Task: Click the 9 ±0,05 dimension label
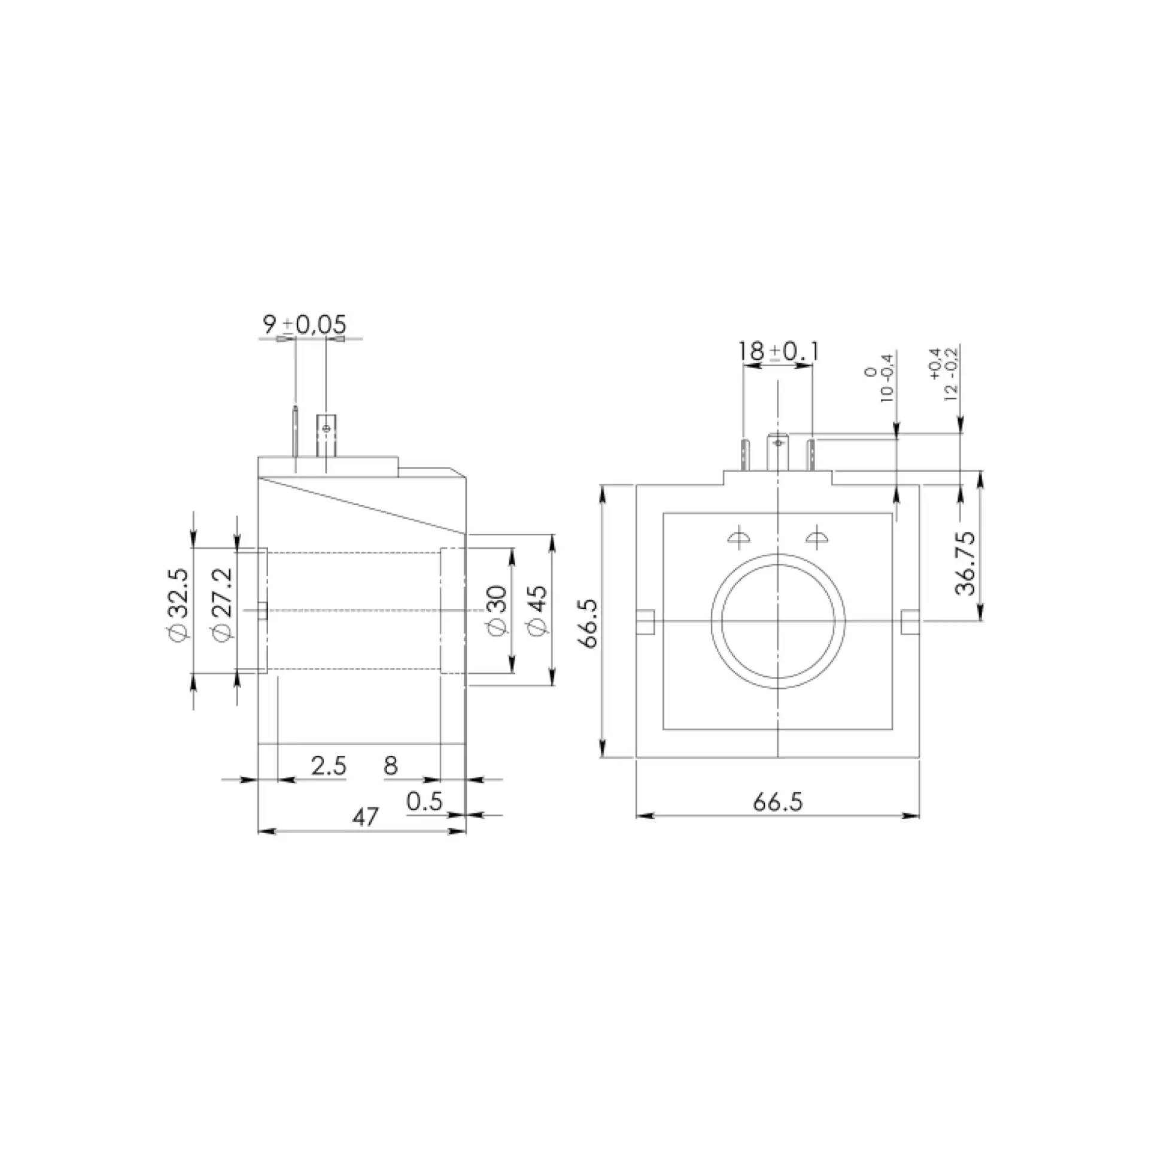(305, 325)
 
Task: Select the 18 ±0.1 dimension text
(778, 351)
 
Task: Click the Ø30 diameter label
(498, 610)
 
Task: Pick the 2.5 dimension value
(329, 765)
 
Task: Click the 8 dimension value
(391, 765)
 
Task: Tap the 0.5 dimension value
(424, 801)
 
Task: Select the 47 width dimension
(365, 817)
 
